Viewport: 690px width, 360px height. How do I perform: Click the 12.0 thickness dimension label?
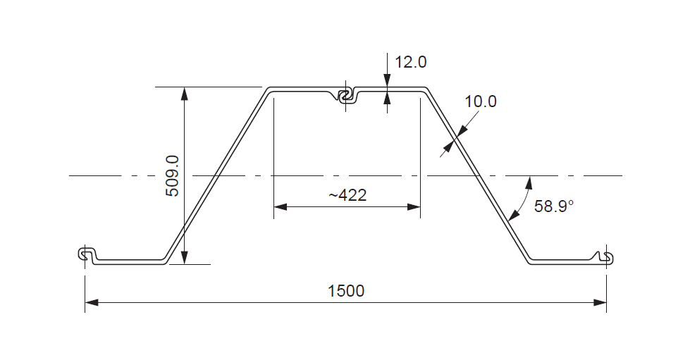(x=410, y=62)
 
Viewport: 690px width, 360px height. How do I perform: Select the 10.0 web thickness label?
(x=481, y=101)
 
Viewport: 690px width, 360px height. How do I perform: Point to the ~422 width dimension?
(x=347, y=195)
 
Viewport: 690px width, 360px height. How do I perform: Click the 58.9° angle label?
(x=554, y=206)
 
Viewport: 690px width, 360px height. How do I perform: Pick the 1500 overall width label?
(x=346, y=290)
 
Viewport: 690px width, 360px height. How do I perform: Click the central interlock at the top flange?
(x=345, y=96)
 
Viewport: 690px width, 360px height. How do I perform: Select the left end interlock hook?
(x=86, y=254)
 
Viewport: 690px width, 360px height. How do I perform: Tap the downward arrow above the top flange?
(x=387, y=81)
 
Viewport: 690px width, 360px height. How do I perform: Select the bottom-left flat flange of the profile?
(x=130, y=261)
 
